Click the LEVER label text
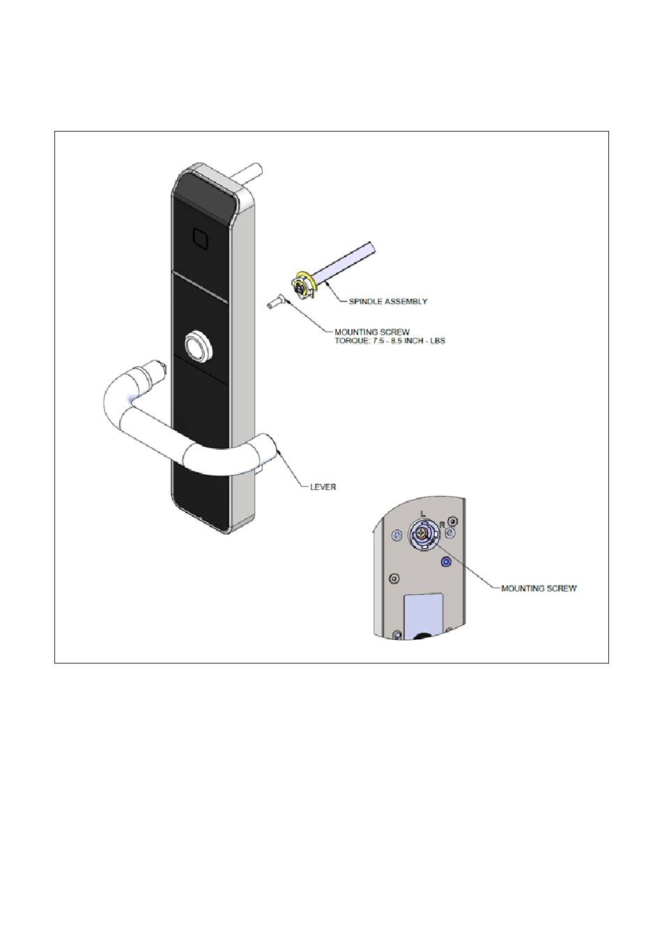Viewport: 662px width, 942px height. (323, 487)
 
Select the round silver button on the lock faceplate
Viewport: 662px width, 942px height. (196, 345)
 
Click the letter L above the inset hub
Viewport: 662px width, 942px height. (422, 513)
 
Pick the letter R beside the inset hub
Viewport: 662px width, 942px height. (441, 524)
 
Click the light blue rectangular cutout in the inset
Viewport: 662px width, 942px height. (424, 610)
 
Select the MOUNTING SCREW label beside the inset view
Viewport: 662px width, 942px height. (539, 588)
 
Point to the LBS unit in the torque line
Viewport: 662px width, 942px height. (436, 341)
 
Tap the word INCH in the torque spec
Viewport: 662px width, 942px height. (414, 341)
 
